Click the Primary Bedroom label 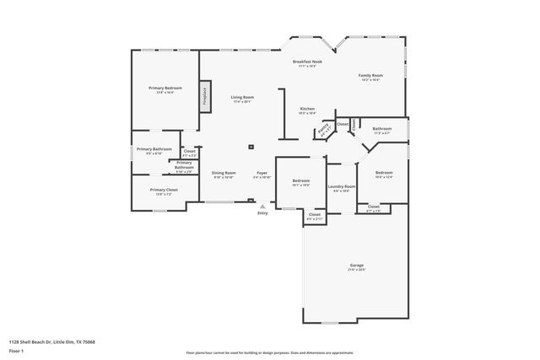point(165,89)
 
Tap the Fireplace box point(205,95)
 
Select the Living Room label point(243,98)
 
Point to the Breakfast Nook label point(307,62)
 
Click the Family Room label point(370,76)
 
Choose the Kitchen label point(308,110)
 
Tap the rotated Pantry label point(322,130)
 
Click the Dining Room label point(224,173)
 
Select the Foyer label point(262,173)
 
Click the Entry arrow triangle point(262,206)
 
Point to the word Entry point(262,213)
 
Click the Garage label point(357,266)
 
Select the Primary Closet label point(164,191)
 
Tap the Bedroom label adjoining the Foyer point(301,181)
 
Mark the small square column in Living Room point(251,147)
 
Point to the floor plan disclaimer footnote point(270,353)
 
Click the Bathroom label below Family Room point(382,129)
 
